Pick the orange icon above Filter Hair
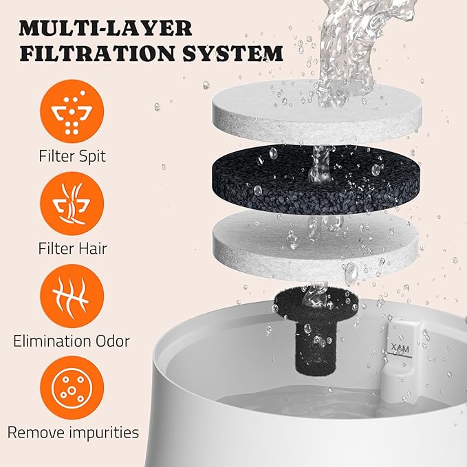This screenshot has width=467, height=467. coord(72,204)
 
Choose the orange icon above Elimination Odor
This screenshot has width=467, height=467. coord(72,296)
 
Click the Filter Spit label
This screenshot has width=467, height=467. coord(72,155)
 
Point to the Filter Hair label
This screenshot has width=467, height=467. coord(72,248)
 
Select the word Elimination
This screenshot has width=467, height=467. coord(53,340)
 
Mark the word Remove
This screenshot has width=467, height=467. coord(39,432)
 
